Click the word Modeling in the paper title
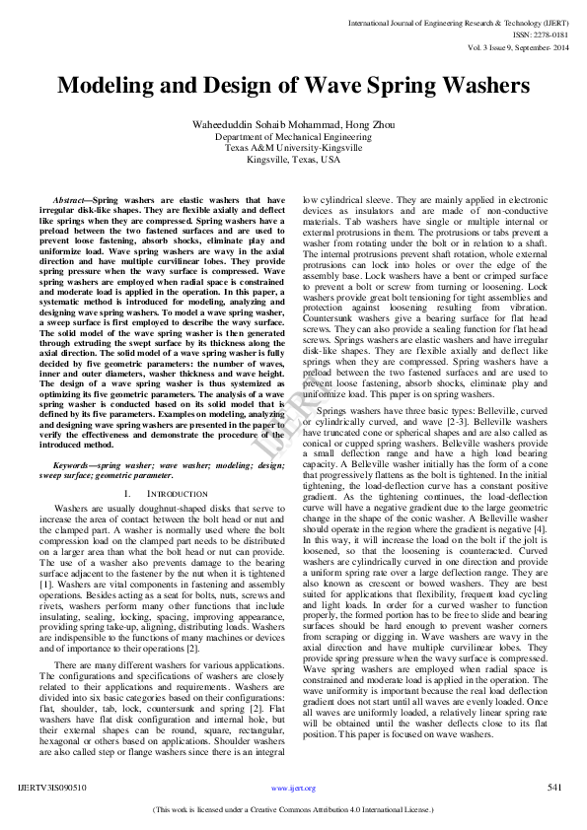point(107,86)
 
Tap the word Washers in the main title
point(482,86)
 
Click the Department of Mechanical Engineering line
point(293,137)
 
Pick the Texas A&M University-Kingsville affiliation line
point(293,148)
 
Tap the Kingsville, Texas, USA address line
point(293,159)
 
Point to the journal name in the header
point(459,21)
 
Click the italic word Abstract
point(72,199)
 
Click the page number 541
point(555,788)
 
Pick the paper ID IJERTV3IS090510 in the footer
point(52,788)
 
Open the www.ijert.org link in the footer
point(293,789)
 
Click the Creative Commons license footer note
point(293,809)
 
